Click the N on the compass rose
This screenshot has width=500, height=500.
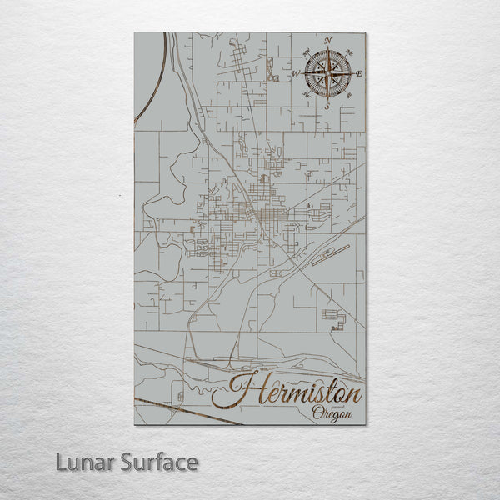(327, 41)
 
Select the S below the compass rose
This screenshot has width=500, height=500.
(327, 106)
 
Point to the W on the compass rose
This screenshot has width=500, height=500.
(296, 73)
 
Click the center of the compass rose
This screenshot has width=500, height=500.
(327, 73)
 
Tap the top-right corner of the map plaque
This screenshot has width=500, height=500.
(365, 32)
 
